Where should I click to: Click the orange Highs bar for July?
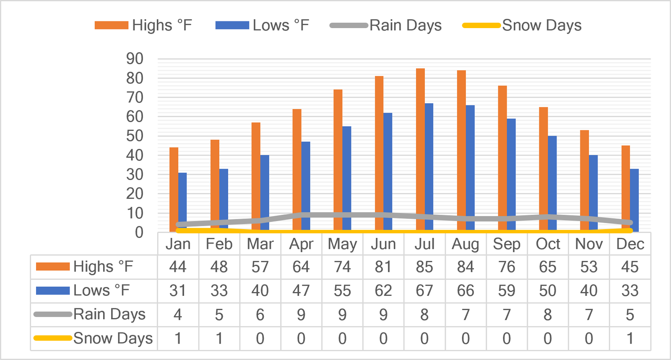pyautogui.click(x=420, y=150)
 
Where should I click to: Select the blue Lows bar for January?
pyautogui.click(x=182, y=202)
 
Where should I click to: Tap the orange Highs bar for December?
pyautogui.click(x=626, y=188)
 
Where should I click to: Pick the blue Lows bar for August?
pyautogui.click(x=470, y=168)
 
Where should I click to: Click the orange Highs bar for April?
pyautogui.click(x=297, y=170)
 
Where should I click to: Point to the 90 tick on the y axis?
pyautogui.click(x=135, y=59)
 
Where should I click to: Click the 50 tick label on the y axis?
pyautogui.click(x=135, y=136)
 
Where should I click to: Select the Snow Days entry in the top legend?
pyautogui.click(x=522, y=25)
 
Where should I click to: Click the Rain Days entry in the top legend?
pyautogui.click(x=385, y=25)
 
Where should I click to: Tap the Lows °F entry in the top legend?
pyautogui.click(x=262, y=25)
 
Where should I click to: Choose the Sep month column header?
pyautogui.click(x=507, y=244)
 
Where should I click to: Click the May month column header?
pyautogui.click(x=342, y=245)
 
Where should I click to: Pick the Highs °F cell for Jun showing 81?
pyautogui.click(x=383, y=267)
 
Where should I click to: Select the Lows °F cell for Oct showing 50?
pyautogui.click(x=548, y=291)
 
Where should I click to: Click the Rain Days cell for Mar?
pyautogui.click(x=260, y=315)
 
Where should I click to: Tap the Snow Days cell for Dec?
pyautogui.click(x=630, y=339)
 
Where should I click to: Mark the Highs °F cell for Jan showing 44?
pyautogui.click(x=178, y=267)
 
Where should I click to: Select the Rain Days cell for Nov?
pyautogui.click(x=589, y=315)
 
